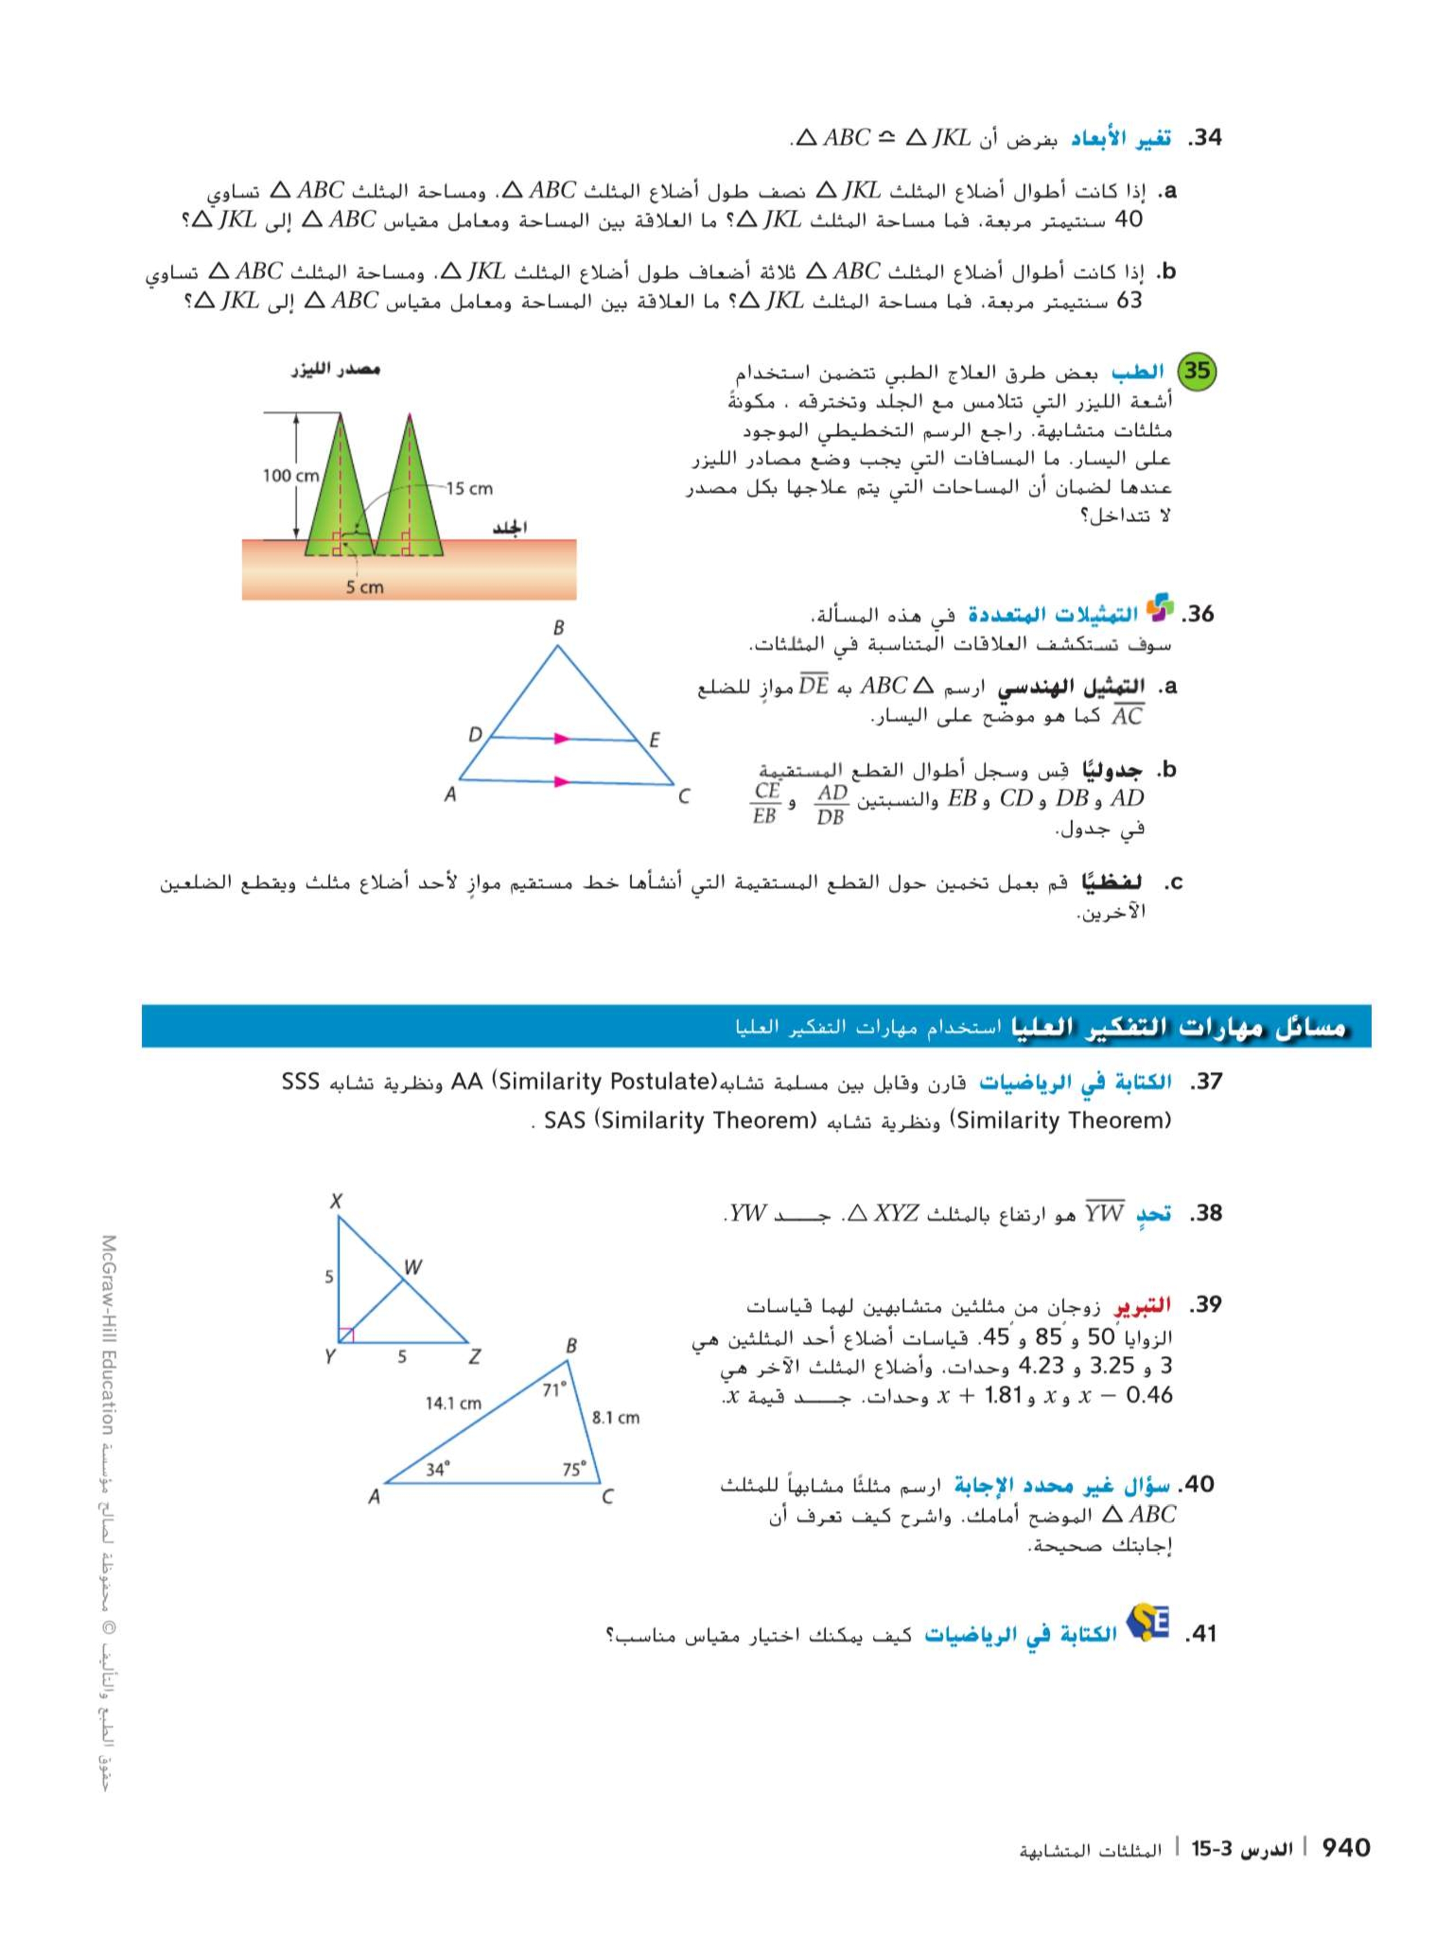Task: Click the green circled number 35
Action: [1196, 371]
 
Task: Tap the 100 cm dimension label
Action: [291, 476]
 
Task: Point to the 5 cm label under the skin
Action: [364, 587]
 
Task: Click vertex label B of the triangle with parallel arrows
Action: [558, 627]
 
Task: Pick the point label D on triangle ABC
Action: [474, 735]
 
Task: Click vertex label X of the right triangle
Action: [335, 1201]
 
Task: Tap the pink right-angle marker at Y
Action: [346, 1334]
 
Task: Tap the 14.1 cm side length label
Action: [453, 1403]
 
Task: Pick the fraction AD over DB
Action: [830, 804]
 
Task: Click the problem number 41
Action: [1199, 1633]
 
